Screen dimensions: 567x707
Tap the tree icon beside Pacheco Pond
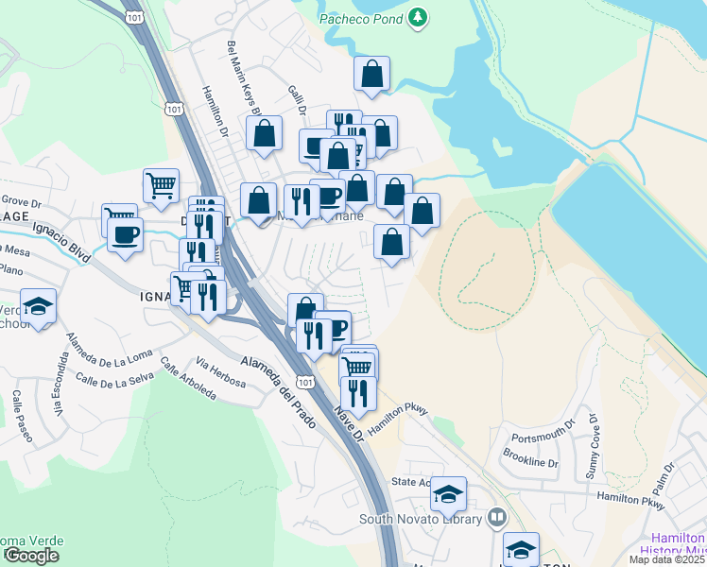(x=418, y=17)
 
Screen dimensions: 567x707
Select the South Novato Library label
(x=422, y=519)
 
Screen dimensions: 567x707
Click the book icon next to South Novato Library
(x=497, y=518)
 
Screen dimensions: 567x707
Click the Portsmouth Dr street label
(x=543, y=438)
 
